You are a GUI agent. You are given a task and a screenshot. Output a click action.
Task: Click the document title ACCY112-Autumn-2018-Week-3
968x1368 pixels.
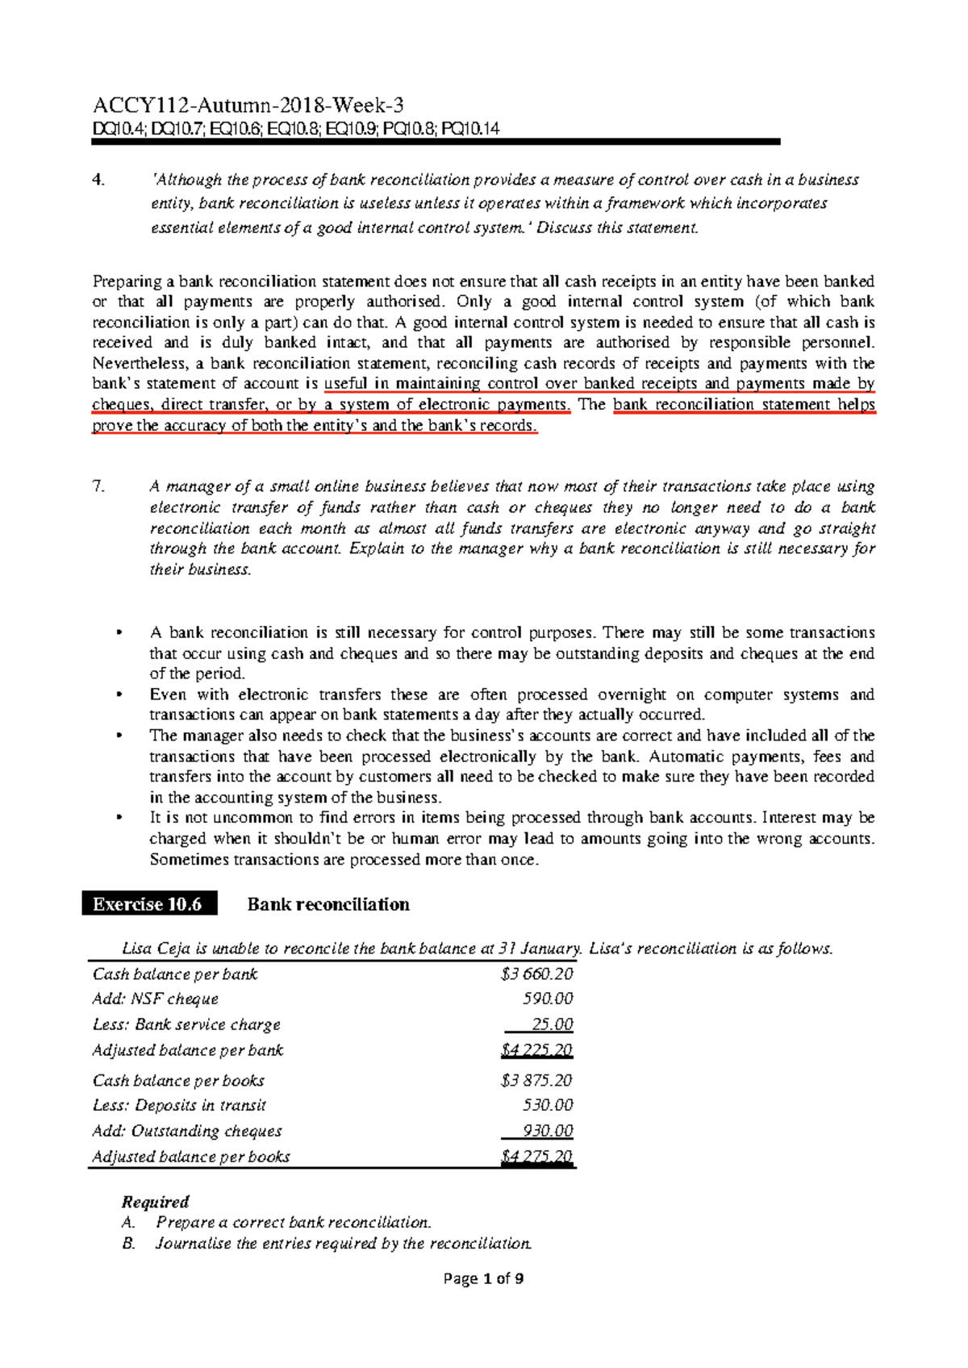point(248,106)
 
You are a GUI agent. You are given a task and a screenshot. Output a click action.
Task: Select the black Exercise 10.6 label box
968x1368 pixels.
point(149,904)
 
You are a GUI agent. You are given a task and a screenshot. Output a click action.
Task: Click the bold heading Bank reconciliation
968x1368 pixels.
point(328,904)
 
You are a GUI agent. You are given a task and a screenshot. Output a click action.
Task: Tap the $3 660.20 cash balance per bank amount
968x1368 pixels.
point(536,974)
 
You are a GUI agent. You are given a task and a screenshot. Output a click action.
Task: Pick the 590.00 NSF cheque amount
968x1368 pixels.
point(549,999)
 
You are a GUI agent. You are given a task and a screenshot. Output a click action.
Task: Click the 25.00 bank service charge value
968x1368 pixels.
point(553,1024)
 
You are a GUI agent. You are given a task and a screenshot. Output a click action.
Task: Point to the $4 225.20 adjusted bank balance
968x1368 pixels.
point(536,1050)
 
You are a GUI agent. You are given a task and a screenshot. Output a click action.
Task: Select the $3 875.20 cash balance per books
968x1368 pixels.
point(536,1080)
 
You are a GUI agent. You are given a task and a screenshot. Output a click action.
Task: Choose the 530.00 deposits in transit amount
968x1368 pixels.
point(549,1105)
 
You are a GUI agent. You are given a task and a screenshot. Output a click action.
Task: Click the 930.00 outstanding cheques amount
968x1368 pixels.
point(549,1131)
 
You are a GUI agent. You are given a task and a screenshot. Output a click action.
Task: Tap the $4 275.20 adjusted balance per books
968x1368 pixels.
point(536,1157)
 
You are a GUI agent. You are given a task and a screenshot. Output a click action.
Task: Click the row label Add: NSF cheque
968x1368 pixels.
point(156,999)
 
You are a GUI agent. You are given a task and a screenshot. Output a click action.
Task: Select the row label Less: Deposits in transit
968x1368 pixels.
point(179,1105)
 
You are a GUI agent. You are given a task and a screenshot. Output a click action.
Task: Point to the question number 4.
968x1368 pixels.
point(98,180)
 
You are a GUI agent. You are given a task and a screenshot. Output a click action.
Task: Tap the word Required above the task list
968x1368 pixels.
point(155,1202)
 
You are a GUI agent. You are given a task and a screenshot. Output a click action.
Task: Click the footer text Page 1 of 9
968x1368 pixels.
point(483,1278)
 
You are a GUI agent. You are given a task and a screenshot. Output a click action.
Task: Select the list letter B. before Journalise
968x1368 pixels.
point(129,1243)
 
